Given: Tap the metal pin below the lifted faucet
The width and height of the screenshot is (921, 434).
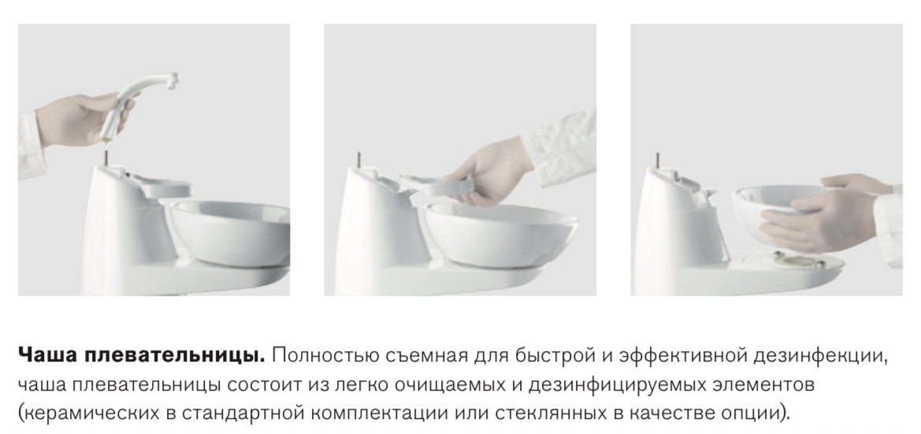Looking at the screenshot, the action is [107, 158].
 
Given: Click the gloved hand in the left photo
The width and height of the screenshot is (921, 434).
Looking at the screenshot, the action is [82, 120].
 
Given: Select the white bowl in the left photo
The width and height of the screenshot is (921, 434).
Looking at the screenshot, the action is [230, 232].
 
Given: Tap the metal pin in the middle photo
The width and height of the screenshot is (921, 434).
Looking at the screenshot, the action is [358, 161].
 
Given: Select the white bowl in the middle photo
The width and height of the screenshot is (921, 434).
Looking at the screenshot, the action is [500, 234].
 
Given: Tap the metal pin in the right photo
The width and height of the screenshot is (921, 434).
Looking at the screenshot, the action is [659, 160].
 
